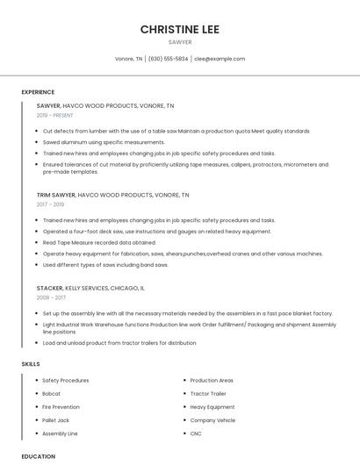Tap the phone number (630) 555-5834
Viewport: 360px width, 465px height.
coord(168,59)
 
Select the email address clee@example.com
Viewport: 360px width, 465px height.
coord(220,59)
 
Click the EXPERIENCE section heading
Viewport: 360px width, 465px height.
coord(38,92)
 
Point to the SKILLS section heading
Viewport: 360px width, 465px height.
coord(31,363)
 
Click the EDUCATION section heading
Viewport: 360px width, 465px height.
coord(38,456)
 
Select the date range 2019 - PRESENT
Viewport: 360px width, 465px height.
coord(55,115)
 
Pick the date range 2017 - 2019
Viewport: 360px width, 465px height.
coord(50,204)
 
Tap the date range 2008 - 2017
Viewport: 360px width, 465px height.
coord(50,297)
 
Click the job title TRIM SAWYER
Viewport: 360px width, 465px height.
coord(56,195)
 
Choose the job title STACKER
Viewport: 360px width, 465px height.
coord(50,288)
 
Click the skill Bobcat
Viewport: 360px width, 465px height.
coord(53,394)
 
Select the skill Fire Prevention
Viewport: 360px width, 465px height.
coord(61,407)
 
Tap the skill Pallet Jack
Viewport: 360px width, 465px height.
coord(56,420)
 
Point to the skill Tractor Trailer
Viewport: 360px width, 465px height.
coord(207,394)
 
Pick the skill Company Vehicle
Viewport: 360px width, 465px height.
coord(212,420)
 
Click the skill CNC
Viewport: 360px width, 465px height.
coord(196,433)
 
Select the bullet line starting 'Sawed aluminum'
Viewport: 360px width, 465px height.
coord(104,141)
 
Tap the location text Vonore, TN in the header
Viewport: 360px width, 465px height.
coord(129,59)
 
